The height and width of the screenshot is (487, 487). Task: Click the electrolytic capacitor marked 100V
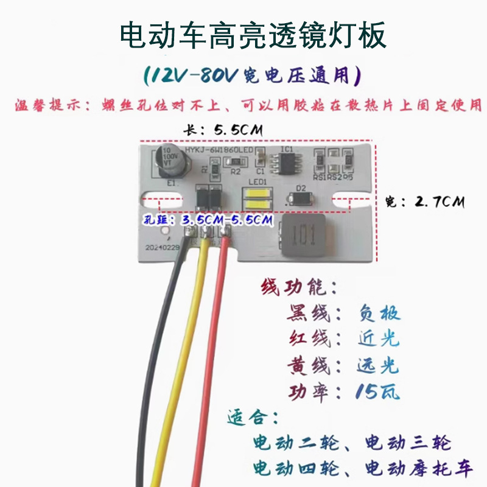point(169,158)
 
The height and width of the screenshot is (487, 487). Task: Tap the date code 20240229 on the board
point(162,248)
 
